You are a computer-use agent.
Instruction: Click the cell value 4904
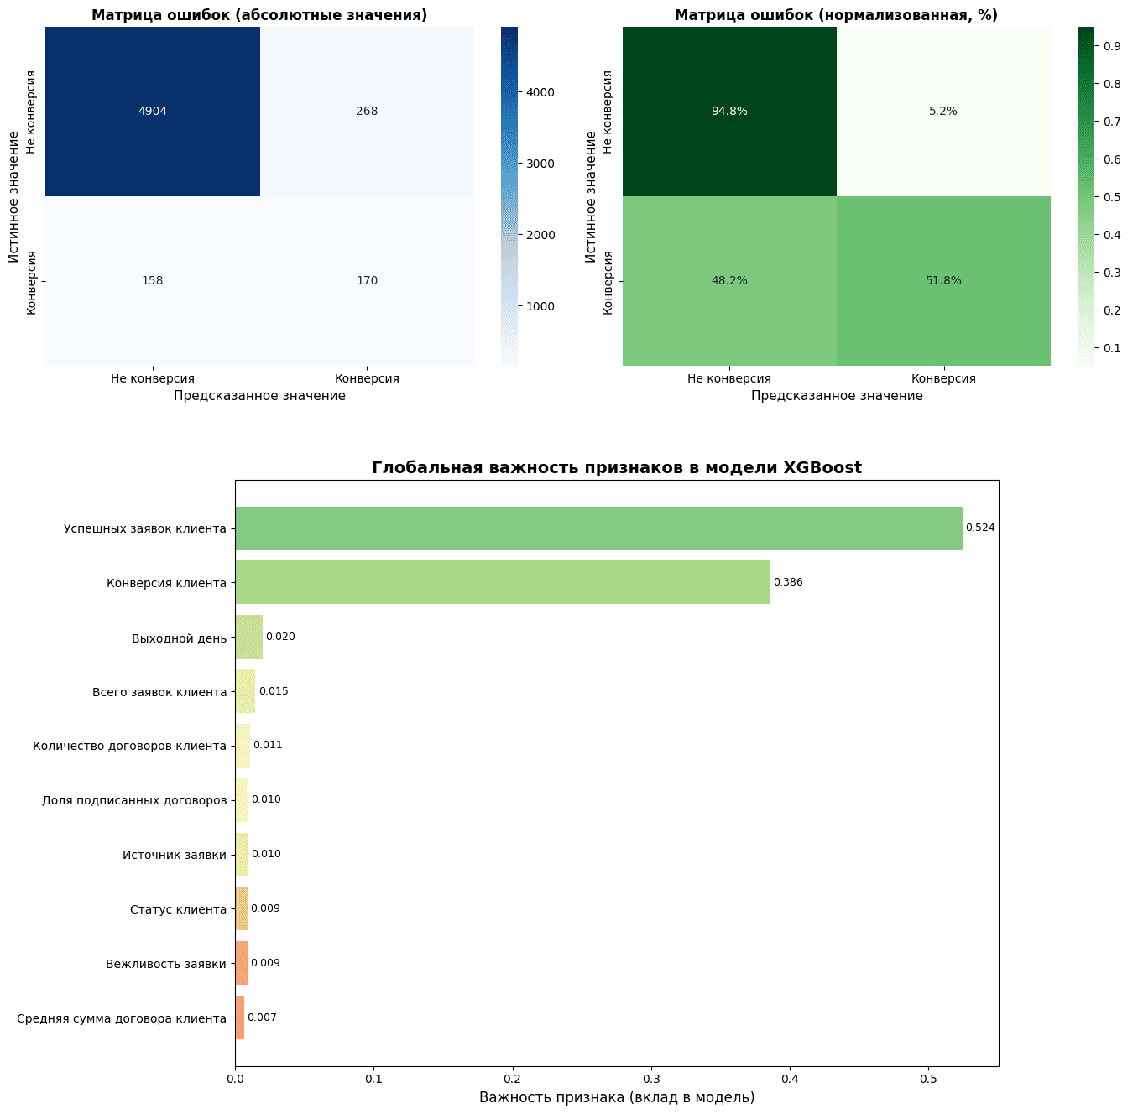(x=153, y=112)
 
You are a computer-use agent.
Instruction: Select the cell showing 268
(x=367, y=112)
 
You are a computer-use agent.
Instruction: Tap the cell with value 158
(x=153, y=281)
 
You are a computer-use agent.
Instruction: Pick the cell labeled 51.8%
(x=943, y=281)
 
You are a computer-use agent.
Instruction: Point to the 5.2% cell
(x=943, y=112)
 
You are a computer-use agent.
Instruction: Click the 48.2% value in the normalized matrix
(x=729, y=281)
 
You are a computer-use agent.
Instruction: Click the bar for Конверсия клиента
(x=502, y=582)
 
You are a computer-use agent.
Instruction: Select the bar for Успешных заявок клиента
(x=598, y=528)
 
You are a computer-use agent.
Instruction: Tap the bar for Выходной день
(x=249, y=637)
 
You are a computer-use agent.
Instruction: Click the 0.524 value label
(x=980, y=528)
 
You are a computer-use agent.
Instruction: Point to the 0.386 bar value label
(x=788, y=582)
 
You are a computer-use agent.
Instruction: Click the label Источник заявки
(x=175, y=855)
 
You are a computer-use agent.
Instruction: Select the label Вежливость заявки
(x=166, y=964)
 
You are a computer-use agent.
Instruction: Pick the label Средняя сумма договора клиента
(x=122, y=1018)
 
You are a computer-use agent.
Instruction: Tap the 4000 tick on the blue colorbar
(x=534, y=92)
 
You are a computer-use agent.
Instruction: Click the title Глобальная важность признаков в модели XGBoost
(x=617, y=468)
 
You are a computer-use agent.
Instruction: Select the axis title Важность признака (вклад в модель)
(x=617, y=1097)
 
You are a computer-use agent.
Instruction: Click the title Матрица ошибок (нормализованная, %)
(x=836, y=15)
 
